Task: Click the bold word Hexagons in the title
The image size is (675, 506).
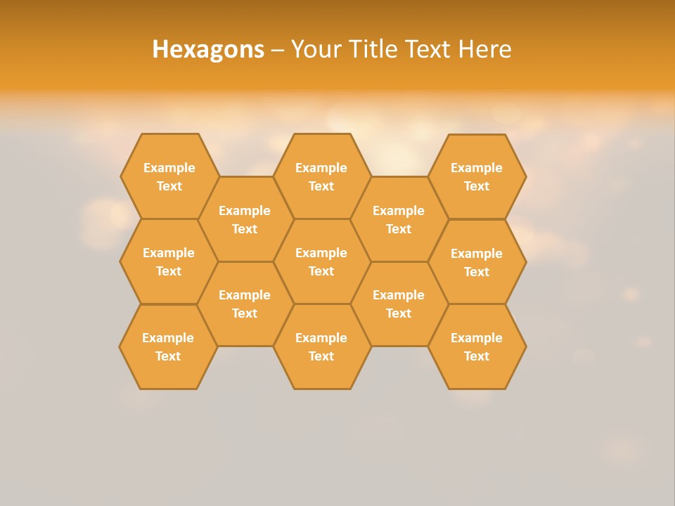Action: (x=208, y=49)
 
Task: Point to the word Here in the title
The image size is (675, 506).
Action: (x=484, y=49)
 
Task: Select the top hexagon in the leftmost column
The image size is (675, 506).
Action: (x=169, y=176)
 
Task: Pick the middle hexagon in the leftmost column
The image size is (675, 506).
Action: (x=169, y=261)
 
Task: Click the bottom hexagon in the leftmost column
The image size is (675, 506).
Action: (x=168, y=346)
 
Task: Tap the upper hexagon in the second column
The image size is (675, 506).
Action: (x=245, y=219)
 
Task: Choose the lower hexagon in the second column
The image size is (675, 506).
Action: (x=245, y=304)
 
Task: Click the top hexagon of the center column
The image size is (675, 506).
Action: (x=321, y=176)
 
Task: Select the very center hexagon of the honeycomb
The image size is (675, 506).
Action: (x=321, y=261)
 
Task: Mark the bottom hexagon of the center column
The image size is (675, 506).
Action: (x=321, y=346)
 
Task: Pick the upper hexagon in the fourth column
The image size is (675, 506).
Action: (x=399, y=219)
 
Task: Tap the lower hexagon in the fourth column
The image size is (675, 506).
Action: (x=399, y=304)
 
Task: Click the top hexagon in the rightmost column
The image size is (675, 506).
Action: (x=477, y=176)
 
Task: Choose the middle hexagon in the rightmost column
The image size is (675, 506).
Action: (x=477, y=262)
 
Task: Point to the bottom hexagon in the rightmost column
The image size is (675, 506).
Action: (x=477, y=346)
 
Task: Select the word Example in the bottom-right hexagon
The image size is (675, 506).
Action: (x=477, y=338)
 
